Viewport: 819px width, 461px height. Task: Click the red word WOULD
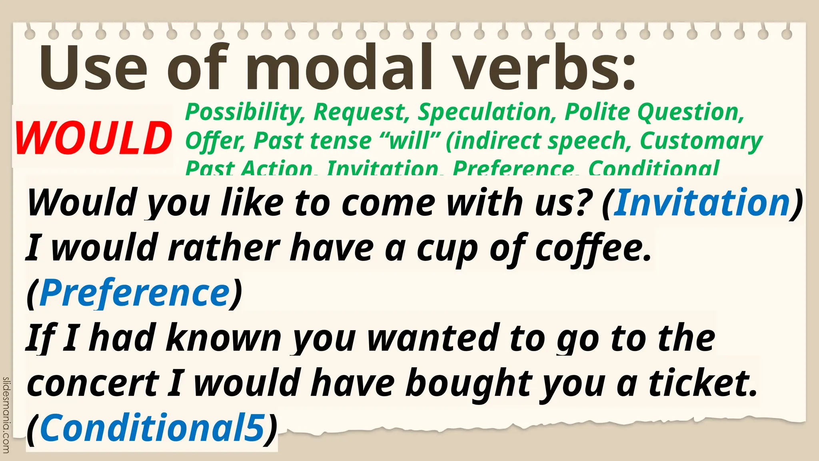coord(93,138)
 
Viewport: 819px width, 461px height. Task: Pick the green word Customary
coord(701,141)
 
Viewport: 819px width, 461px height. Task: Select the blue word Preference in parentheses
coord(135,293)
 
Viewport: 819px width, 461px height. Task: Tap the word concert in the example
coord(93,383)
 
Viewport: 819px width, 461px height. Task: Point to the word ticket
coord(703,383)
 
